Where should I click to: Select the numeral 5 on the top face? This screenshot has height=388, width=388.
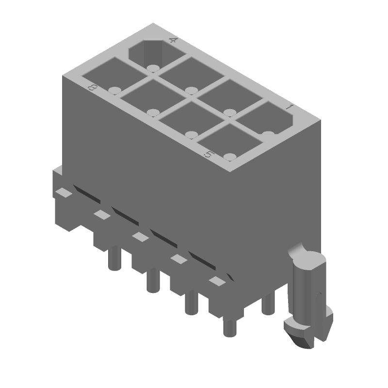coord(208,155)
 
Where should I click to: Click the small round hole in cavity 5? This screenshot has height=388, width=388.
coord(230,157)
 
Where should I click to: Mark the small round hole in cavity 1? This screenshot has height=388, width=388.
coord(268,134)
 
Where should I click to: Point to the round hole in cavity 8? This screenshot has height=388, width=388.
coord(114,90)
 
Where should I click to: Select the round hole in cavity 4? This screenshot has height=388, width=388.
coord(153,68)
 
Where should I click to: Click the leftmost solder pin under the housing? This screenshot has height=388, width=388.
coord(114,259)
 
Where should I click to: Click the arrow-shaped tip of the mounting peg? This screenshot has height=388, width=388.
coord(307,335)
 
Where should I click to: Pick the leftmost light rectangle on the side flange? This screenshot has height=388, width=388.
coord(64,193)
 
